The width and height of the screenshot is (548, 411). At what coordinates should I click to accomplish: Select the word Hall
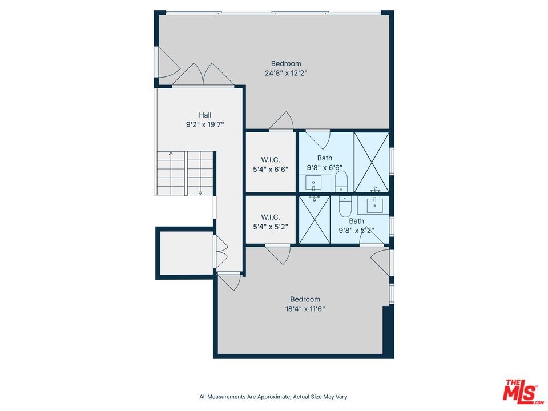(x=205, y=115)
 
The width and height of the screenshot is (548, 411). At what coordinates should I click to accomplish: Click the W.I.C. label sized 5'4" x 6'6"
(x=271, y=159)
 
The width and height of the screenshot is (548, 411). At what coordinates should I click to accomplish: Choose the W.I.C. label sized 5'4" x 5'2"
(x=271, y=217)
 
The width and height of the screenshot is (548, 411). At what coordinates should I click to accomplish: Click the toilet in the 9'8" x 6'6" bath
(x=341, y=182)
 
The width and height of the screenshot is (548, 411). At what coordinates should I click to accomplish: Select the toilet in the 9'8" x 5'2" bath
(x=345, y=205)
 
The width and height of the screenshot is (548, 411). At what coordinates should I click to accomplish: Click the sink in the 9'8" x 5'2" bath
(x=374, y=202)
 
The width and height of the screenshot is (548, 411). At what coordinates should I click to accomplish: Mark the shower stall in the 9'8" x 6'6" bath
(x=372, y=162)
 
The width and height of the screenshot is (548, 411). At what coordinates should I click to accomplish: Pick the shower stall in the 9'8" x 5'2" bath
(x=315, y=220)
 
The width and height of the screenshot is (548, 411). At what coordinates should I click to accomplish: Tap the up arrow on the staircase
(x=170, y=154)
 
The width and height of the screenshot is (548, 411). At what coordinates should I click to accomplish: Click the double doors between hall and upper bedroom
(x=203, y=76)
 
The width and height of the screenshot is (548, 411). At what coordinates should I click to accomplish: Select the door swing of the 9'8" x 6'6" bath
(x=317, y=139)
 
